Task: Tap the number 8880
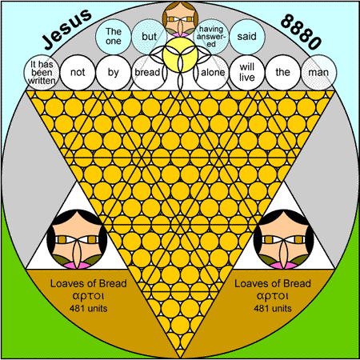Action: coord(301,31)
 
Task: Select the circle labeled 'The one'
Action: coord(114,37)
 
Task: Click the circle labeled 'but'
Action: coord(150,37)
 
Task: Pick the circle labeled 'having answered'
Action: coord(211,37)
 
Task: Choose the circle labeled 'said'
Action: coord(247,37)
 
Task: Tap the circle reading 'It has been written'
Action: coord(42,72)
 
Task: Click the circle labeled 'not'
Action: coord(78,72)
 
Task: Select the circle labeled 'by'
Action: coord(114,72)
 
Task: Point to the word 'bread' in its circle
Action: coord(147,72)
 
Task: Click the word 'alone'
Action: coord(213,72)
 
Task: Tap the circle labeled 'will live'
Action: coord(247,72)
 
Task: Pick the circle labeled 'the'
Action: coord(282,72)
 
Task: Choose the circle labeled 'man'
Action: coord(318,72)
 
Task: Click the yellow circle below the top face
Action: coord(180,54)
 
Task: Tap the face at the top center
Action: coord(180,19)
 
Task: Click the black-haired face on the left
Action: coord(77,239)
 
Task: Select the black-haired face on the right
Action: coord(283,239)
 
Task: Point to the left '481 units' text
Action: coord(88,309)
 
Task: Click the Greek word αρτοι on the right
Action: coord(272,296)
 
